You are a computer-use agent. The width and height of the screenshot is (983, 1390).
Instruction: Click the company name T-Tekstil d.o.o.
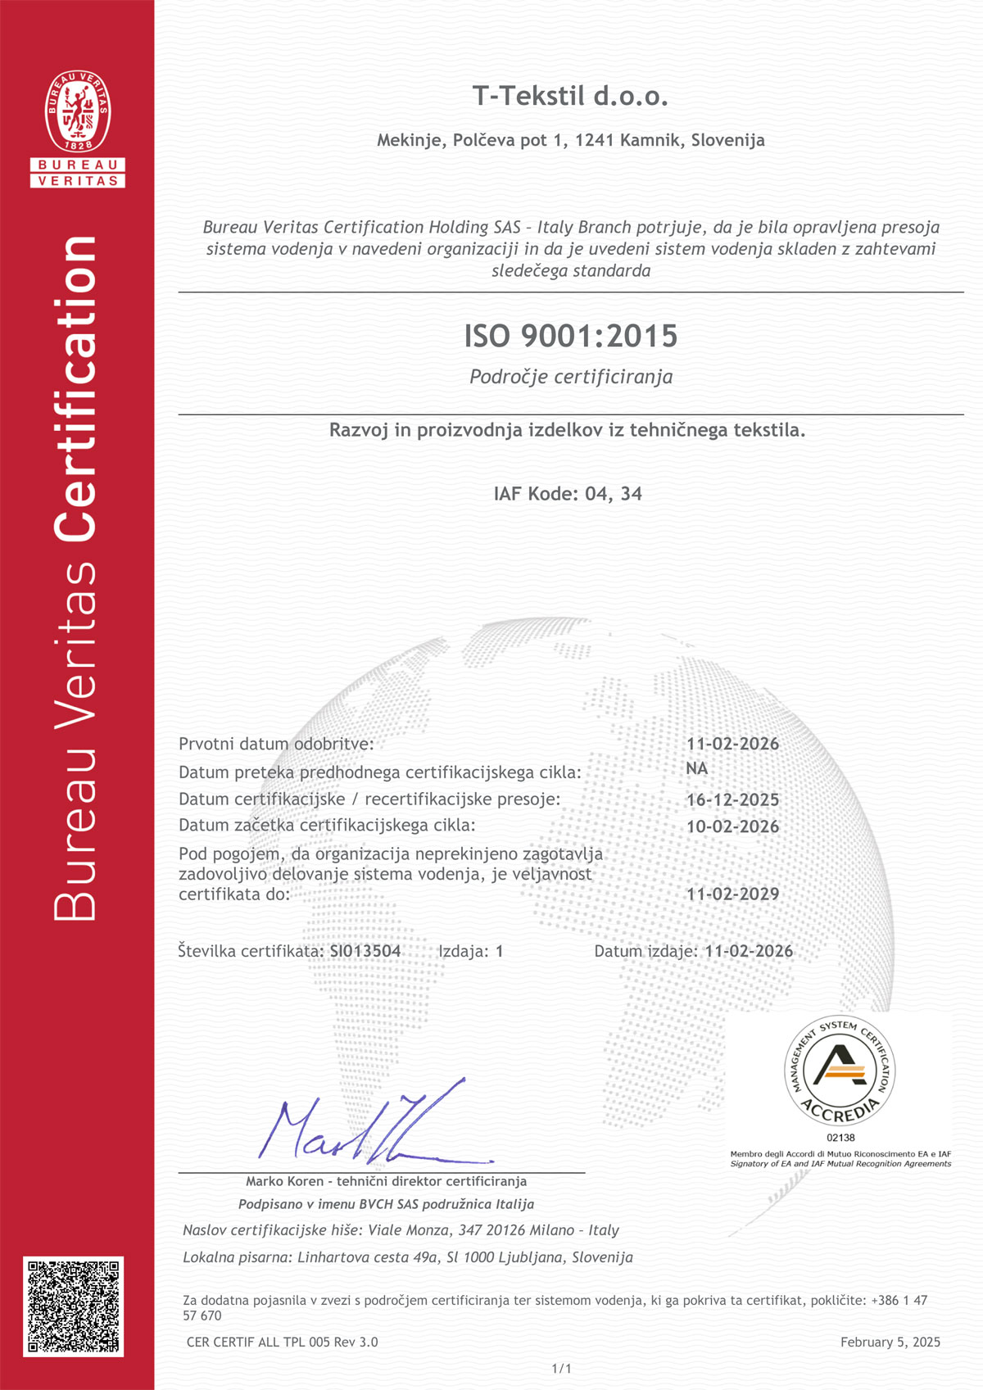(570, 97)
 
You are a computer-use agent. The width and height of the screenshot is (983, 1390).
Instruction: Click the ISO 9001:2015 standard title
(571, 336)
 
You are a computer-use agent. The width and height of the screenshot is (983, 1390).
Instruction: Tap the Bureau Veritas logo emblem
(78, 111)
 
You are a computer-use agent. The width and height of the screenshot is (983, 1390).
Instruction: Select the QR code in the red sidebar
(74, 1306)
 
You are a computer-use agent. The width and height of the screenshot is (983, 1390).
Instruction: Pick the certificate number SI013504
(365, 951)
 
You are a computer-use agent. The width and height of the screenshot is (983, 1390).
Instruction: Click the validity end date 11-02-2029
(732, 894)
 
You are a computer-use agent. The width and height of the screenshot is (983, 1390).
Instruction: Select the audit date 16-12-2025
(732, 799)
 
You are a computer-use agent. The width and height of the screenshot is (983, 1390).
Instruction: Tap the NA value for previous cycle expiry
(696, 768)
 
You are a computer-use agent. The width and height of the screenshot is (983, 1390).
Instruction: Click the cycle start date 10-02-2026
(732, 826)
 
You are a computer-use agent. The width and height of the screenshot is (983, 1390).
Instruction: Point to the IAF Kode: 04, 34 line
(568, 493)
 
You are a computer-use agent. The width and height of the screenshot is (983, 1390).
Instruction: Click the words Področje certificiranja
(571, 377)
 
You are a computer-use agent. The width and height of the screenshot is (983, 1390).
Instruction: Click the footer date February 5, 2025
(890, 1342)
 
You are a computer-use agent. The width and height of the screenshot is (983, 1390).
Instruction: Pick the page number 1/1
(561, 1368)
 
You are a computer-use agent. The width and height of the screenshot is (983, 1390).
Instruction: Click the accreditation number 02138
(840, 1137)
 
